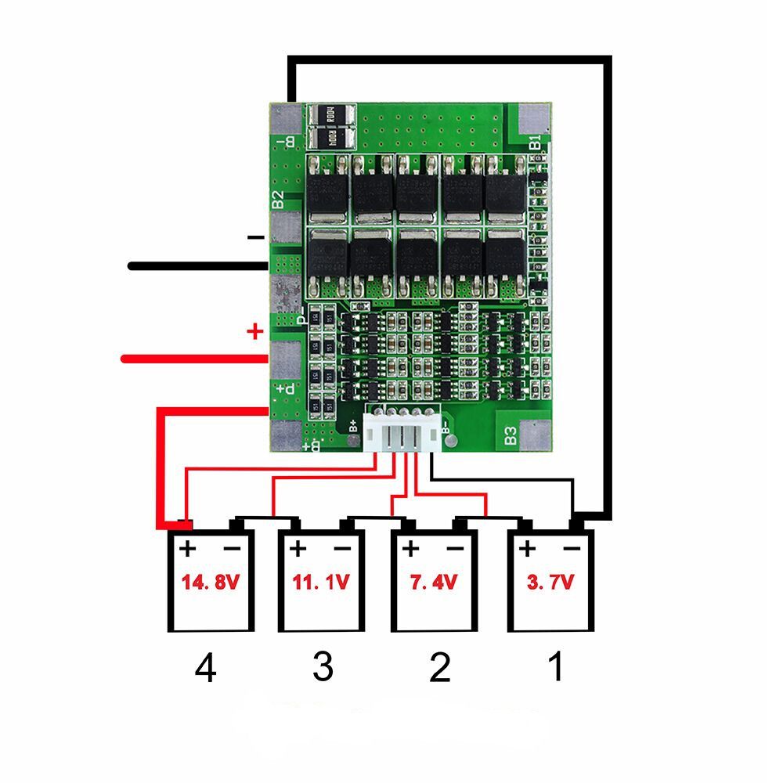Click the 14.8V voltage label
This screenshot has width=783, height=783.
210,583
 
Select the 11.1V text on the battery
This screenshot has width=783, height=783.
321,583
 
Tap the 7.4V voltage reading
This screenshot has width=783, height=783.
432,583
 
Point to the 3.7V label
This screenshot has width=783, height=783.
550,583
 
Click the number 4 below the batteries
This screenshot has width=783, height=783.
205,669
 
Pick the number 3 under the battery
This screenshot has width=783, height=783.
323,668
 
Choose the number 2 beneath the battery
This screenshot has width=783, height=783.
439,668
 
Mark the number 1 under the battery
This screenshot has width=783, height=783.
555,668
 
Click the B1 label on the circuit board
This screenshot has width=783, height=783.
536,143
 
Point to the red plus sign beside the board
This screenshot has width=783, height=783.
254,332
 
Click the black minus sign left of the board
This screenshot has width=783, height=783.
254,236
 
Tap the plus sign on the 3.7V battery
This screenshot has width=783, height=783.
527,547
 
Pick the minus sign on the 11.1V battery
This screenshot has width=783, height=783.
343,548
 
